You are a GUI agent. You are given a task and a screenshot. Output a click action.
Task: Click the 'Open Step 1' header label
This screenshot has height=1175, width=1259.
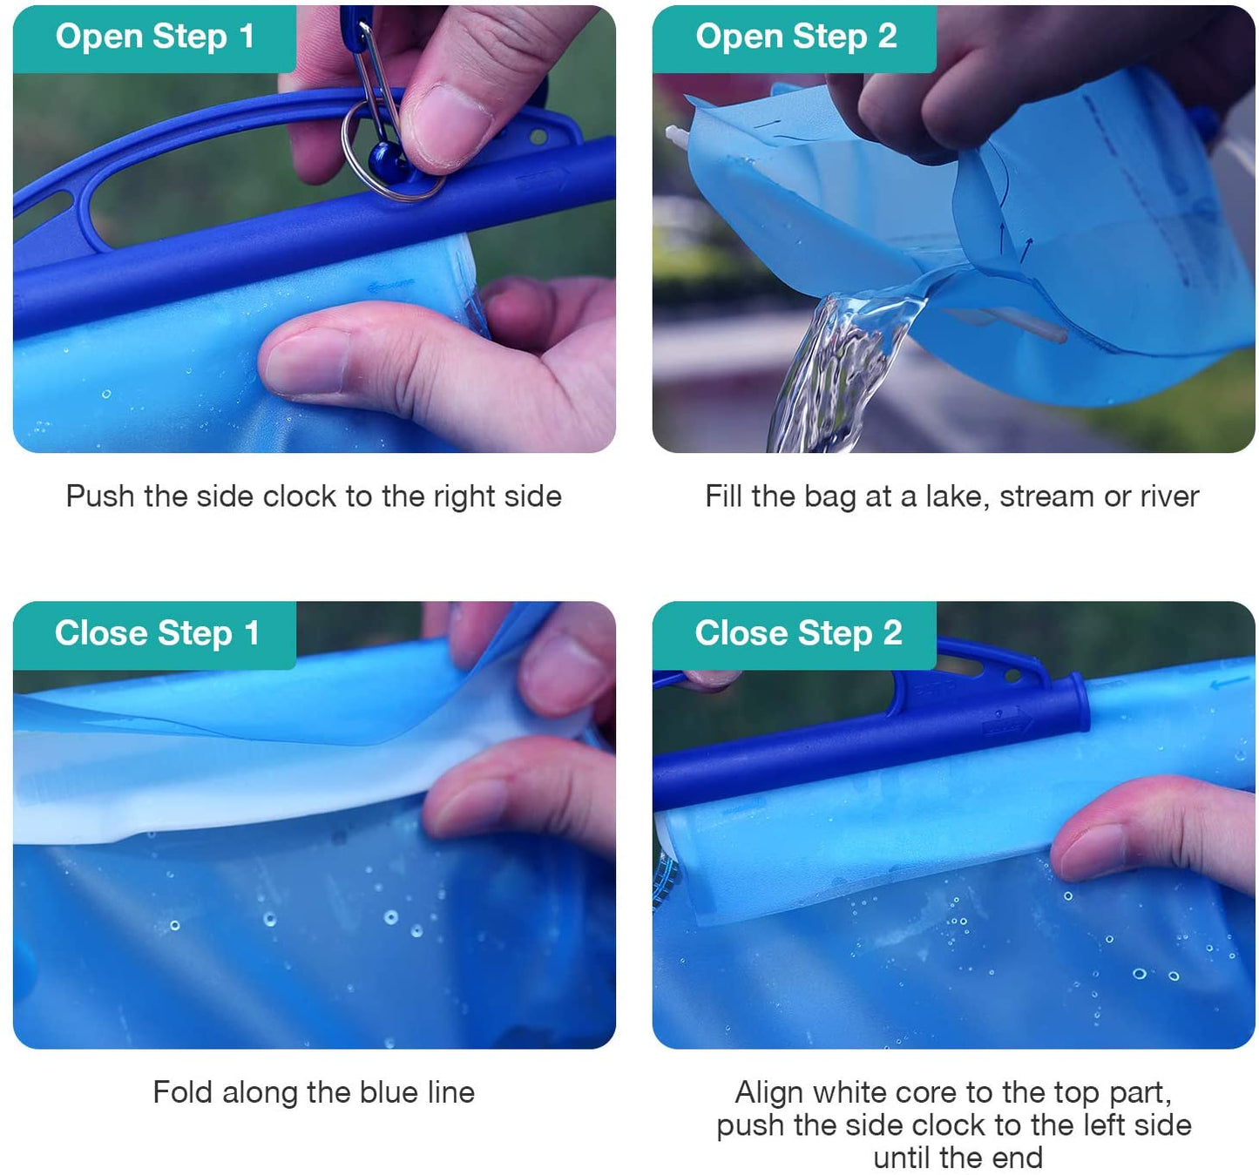point(155,37)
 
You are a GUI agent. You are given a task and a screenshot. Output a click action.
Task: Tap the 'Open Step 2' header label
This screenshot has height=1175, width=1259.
point(796,37)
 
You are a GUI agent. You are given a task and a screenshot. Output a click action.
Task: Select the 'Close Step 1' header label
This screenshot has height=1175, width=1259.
point(157,633)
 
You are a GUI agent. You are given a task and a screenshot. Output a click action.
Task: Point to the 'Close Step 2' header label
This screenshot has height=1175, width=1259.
point(798,633)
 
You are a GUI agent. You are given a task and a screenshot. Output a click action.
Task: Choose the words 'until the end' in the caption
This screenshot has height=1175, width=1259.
point(958,1158)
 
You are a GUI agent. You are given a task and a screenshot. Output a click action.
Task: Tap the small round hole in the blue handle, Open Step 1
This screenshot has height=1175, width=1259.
point(538,136)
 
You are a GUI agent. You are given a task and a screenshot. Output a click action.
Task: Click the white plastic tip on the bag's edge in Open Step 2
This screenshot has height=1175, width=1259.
point(676,137)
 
